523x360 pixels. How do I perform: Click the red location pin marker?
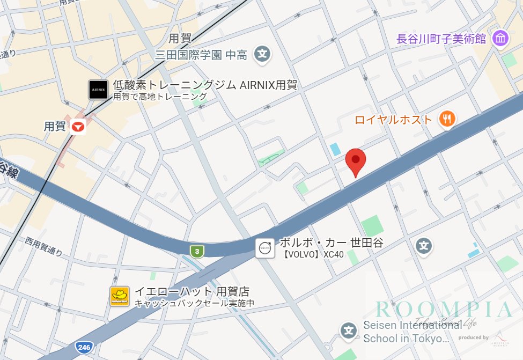click(x=355, y=160)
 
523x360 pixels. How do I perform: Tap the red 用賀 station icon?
click(x=78, y=127)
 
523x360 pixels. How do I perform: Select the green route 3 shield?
click(x=197, y=251)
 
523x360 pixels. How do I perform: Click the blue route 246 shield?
click(x=83, y=347)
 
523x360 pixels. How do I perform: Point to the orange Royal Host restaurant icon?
click(x=447, y=119)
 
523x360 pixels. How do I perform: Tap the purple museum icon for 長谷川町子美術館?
click(x=500, y=39)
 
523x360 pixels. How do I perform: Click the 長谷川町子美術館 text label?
click(x=448, y=39)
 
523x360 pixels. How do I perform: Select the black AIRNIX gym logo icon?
click(x=98, y=90)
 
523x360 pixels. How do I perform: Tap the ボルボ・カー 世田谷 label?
click(x=332, y=243)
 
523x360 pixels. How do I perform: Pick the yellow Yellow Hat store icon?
click(x=120, y=296)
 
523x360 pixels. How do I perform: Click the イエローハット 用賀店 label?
click(x=191, y=292)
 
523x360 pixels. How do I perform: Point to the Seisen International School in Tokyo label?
click(x=408, y=332)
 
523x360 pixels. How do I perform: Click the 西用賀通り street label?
click(x=44, y=246)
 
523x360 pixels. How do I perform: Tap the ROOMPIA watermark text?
click(x=444, y=310)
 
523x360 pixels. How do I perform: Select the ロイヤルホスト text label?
click(x=393, y=120)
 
